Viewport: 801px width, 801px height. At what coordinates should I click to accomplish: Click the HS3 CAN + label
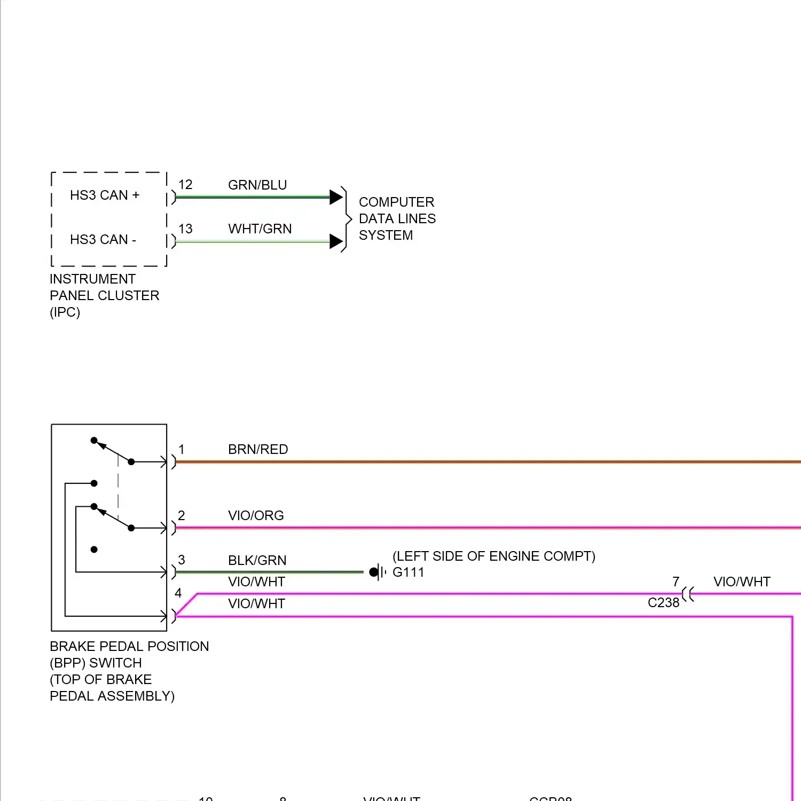click(104, 195)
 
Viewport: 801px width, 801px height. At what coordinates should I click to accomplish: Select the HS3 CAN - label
click(103, 240)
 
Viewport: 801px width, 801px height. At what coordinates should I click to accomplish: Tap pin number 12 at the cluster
click(185, 185)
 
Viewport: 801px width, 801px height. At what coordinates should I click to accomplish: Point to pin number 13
click(185, 229)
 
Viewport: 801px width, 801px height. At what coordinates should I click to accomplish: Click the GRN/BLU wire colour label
click(257, 185)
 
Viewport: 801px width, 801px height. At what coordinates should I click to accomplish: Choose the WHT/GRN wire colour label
click(260, 229)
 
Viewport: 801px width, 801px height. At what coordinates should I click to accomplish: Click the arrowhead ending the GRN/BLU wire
click(336, 197)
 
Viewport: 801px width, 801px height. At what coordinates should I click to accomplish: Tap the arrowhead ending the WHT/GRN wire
click(336, 241)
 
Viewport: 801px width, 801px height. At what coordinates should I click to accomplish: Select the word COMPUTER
click(396, 202)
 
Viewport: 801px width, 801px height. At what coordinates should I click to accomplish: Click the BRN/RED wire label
click(258, 450)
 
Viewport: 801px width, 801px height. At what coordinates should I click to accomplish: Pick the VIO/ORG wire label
click(256, 516)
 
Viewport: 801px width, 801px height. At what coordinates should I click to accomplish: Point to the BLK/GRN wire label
click(257, 561)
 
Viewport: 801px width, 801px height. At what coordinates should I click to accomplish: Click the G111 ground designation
click(408, 572)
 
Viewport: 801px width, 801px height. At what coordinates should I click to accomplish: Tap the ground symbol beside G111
click(378, 572)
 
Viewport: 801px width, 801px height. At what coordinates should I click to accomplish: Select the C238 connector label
click(663, 603)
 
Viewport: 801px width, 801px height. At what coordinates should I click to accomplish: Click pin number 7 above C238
click(676, 582)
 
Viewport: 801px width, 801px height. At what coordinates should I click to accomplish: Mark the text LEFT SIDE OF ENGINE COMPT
click(493, 556)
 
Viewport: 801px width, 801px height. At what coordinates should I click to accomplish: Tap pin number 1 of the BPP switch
click(182, 450)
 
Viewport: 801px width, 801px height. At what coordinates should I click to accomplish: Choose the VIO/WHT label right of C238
click(742, 582)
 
